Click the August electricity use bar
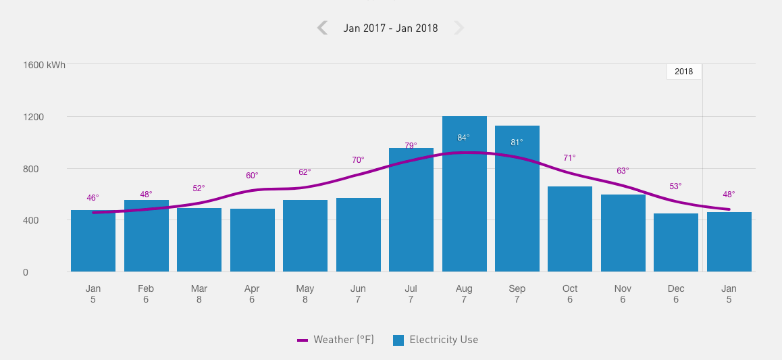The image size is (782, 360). pos(464,203)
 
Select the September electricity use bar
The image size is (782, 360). pos(517,203)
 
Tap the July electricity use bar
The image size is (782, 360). pos(411,216)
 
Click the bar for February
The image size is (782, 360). pos(146,236)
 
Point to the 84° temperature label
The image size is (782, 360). pos(463,138)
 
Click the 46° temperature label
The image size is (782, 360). pos(93,198)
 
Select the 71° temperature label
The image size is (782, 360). pos(569,158)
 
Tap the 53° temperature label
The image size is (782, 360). pos(675,186)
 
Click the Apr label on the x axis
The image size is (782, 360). pos(252,289)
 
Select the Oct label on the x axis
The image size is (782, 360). pos(570,289)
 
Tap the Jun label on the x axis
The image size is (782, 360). pos(358,289)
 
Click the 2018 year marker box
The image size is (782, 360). pos(683,72)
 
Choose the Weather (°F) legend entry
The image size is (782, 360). pos(336,340)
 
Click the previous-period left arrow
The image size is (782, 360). pos(322,28)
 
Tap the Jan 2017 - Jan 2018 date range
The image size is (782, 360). pos(390,28)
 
